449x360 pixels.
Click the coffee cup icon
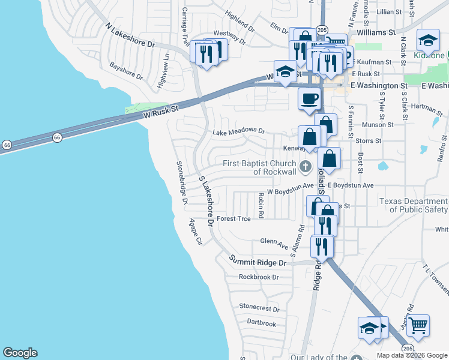(x=309, y=98)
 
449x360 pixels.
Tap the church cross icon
(x=305, y=166)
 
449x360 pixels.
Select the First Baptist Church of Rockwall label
(x=259, y=168)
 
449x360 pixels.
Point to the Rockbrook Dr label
(x=259, y=277)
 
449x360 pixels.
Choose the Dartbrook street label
(x=261, y=323)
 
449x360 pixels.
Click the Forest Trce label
(x=234, y=219)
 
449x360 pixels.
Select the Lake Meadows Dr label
(x=238, y=131)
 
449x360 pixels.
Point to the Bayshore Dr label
(x=127, y=73)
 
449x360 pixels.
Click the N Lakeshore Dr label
(x=130, y=36)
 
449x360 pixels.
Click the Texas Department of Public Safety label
(x=414, y=205)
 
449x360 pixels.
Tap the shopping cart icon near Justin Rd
(x=418, y=325)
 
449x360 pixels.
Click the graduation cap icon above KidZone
(x=428, y=40)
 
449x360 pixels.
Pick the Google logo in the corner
(x=20, y=353)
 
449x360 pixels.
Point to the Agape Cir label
(x=196, y=232)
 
